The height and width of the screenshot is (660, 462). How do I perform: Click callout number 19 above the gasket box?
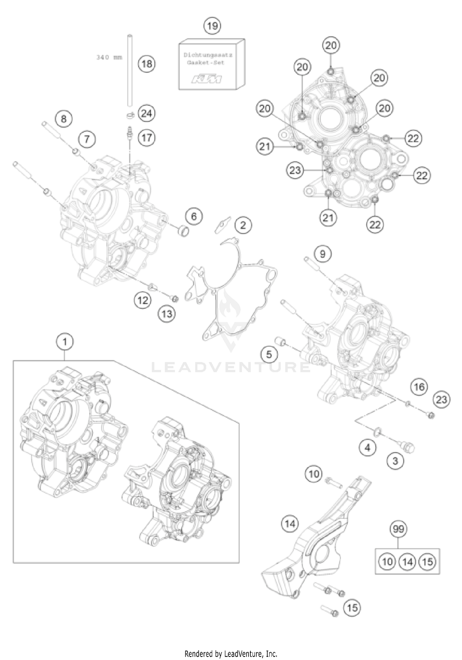click(x=212, y=26)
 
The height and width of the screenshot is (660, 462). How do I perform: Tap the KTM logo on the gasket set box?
click(x=207, y=79)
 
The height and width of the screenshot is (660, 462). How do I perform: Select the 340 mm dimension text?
click(x=109, y=57)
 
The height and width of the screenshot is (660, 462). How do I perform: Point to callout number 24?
click(x=146, y=114)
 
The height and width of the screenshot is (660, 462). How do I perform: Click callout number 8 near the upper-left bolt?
click(x=63, y=119)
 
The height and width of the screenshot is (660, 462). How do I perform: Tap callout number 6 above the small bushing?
click(x=194, y=216)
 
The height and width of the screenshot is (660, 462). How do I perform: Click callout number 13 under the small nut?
click(x=167, y=314)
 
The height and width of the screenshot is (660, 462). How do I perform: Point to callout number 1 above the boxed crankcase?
click(x=65, y=342)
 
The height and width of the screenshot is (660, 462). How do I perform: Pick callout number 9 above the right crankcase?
click(x=322, y=254)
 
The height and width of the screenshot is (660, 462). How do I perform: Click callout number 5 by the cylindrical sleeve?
click(x=269, y=354)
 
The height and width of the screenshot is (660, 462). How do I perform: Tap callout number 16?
click(x=419, y=387)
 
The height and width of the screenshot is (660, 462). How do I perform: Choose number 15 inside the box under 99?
click(x=428, y=561)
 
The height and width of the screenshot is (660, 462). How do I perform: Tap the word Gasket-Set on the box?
click(x=206, y=62)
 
